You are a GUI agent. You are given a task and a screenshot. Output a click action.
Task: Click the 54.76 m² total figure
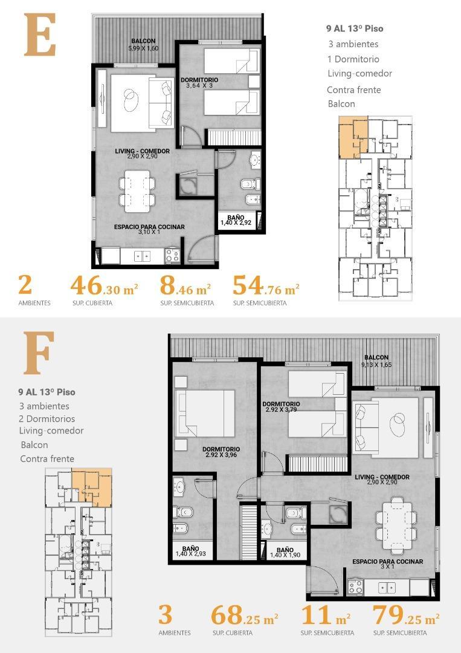(266, 285)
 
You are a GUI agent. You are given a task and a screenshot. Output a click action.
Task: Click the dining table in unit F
(396, 518)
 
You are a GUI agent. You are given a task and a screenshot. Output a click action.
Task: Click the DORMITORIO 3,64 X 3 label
(199, 83)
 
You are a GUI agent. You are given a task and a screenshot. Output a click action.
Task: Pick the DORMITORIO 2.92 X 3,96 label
(221, 452)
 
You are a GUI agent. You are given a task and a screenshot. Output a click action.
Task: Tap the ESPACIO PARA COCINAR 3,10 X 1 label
(149, 229)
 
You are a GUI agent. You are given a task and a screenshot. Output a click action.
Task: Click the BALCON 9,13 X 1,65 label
(376, 361)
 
